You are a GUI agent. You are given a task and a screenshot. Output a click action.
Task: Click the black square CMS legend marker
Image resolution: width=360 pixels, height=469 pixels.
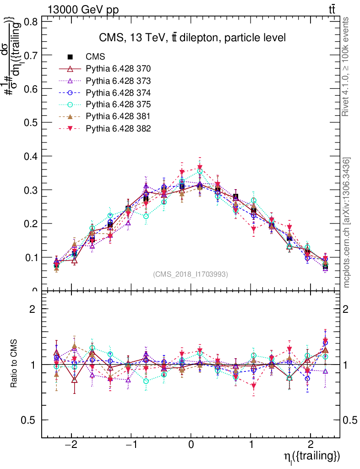click(71, 57)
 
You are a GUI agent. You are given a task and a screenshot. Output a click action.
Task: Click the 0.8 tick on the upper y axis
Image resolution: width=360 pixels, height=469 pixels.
click(31, 22)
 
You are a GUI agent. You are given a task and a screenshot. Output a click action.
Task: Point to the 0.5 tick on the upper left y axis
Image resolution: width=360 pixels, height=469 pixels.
click(31, 123)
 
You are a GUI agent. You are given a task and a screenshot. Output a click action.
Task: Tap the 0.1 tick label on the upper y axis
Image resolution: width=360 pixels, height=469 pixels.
click(31, 257)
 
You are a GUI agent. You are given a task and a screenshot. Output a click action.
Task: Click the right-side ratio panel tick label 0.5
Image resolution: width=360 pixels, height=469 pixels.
click(350, 420)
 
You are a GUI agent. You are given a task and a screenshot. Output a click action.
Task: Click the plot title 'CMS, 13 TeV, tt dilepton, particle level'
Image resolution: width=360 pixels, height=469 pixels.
click(192, 38)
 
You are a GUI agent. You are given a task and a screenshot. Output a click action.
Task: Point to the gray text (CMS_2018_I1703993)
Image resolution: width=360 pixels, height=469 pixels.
click(191, 274)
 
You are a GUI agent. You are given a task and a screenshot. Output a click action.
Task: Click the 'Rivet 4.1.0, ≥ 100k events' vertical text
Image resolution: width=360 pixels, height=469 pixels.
click(347, 66)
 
